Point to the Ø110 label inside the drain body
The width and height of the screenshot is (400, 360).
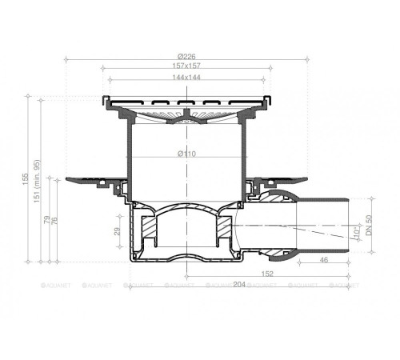[x=187, y=153]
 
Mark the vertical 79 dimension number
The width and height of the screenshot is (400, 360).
[x=49, y=219]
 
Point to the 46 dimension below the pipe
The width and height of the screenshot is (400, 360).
[x=323, y=261]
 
